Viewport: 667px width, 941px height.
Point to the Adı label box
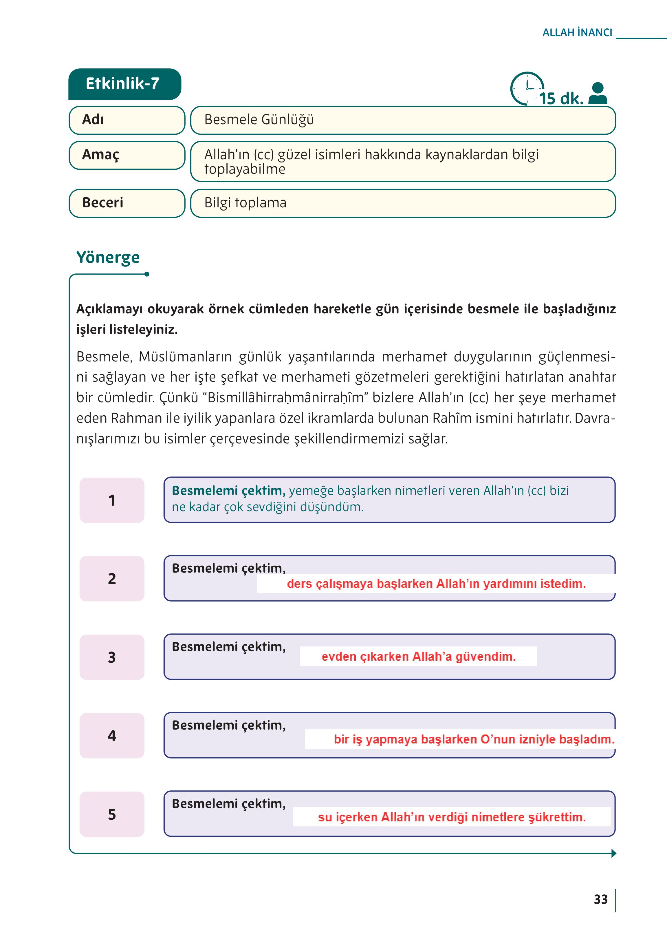point(127,120)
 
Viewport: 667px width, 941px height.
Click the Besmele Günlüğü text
point(259,120)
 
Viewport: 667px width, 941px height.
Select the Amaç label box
point(127,155)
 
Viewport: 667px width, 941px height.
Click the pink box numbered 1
point(112,500)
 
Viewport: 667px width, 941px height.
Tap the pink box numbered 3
point(112,657)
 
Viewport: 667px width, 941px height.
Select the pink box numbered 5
point(112,814)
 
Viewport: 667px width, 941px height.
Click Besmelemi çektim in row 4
point(228,725)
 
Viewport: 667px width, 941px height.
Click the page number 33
point(600,900)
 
